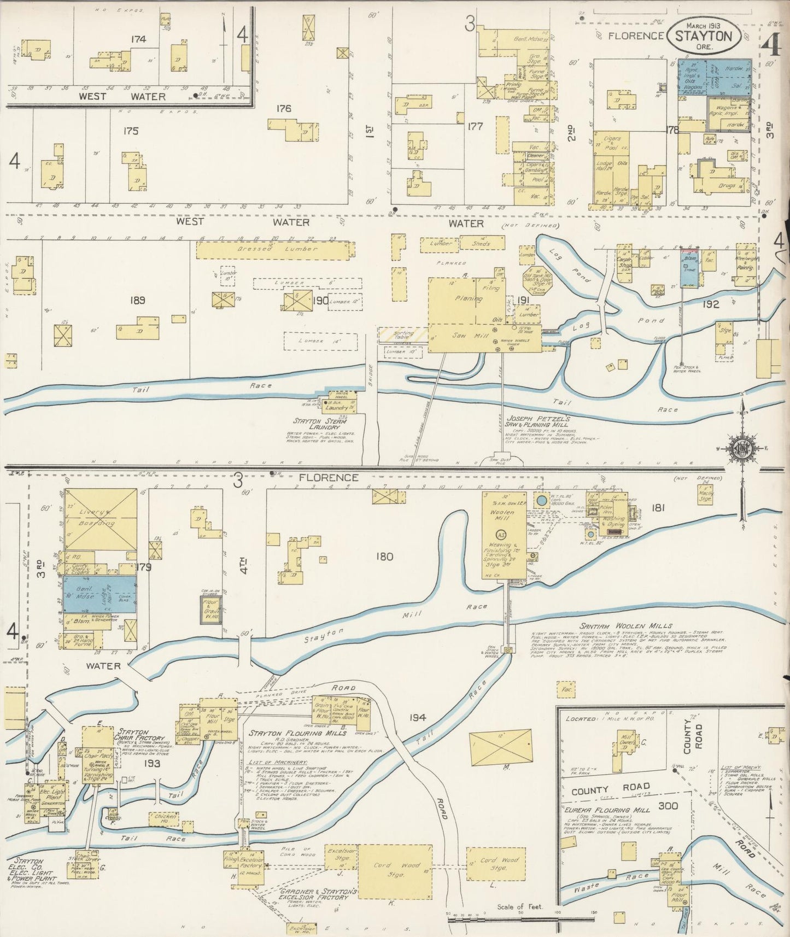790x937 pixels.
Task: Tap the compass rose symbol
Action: [742, 449]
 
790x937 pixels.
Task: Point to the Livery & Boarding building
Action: [101, 519]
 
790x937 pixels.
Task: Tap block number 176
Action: [284, 108]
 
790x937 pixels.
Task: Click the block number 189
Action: [137, 300]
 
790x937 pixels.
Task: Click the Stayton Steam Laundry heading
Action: [321, 424]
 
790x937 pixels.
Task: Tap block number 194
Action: [417, 717]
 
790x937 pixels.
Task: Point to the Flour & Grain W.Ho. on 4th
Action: [210, 610]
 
